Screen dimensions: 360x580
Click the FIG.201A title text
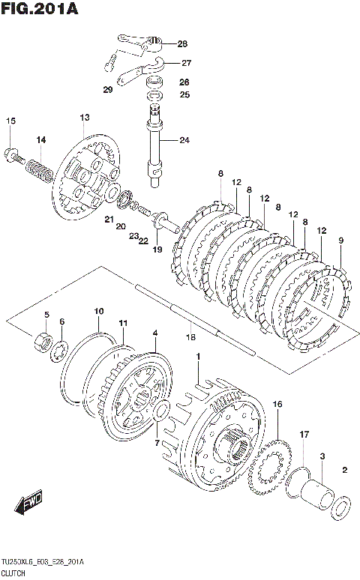pos(40,8)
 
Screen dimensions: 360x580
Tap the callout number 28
pos(182,44)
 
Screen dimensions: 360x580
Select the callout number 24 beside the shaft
pos(184,140)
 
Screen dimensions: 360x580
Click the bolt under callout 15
pos(14,156)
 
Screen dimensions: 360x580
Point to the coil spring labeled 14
pos(39,170)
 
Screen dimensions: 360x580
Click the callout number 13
pos(85,118)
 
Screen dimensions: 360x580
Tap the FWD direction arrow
pos(29,502)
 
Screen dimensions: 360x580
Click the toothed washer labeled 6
pos(58,350)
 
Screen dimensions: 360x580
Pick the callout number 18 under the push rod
pos(190,337)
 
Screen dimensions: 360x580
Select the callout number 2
pos(345,470)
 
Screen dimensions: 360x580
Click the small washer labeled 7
pos(161,412)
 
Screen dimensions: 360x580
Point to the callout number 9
pos(340,241)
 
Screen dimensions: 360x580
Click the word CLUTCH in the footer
pos(13,573)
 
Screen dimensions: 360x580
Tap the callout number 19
pos(157,250)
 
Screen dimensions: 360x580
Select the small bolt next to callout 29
pos(110,62)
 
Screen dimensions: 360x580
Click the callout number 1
pos(198,357)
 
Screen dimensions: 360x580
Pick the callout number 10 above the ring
pos(98,312)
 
